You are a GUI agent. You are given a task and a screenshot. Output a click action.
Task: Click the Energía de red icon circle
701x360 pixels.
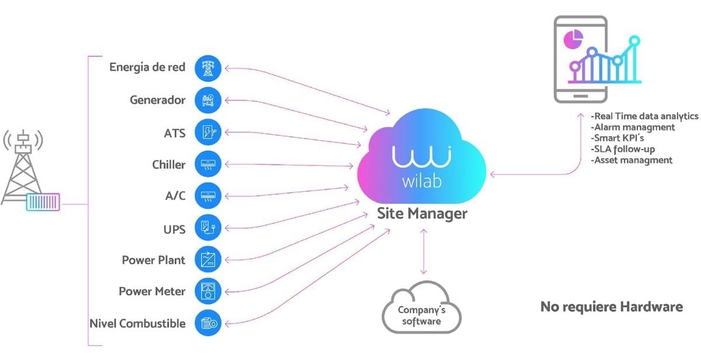(208, 68)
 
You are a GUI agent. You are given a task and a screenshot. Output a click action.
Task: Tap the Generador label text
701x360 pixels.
(157, 100)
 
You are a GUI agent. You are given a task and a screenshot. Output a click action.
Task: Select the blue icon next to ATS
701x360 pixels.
(208, 131)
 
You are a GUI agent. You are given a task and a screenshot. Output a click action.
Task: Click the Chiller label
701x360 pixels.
(168, 164)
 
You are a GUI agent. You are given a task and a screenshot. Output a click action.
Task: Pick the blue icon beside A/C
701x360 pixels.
(208, 195)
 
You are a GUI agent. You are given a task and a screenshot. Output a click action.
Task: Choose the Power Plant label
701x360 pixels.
(153, 259)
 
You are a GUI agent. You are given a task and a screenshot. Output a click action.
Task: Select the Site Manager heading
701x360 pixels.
(422, 213)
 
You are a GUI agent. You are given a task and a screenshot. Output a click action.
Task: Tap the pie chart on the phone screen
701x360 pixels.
(573, 39)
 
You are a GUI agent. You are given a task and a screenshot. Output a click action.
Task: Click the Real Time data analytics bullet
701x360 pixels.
(644, 116)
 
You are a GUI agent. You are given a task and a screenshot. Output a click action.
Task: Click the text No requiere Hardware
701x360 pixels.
(611, 307)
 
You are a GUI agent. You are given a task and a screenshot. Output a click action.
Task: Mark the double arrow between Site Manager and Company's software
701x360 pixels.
(424, 251)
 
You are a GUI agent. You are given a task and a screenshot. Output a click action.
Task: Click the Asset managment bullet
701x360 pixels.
(631, 160)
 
